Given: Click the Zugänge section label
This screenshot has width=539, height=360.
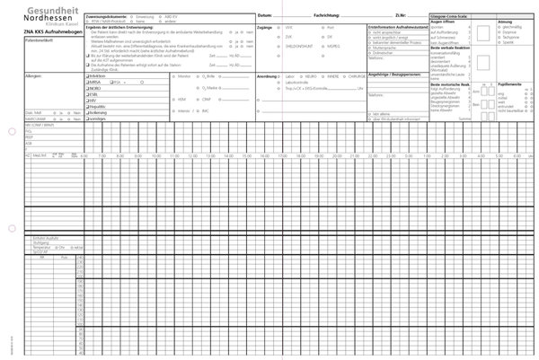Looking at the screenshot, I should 265,28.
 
